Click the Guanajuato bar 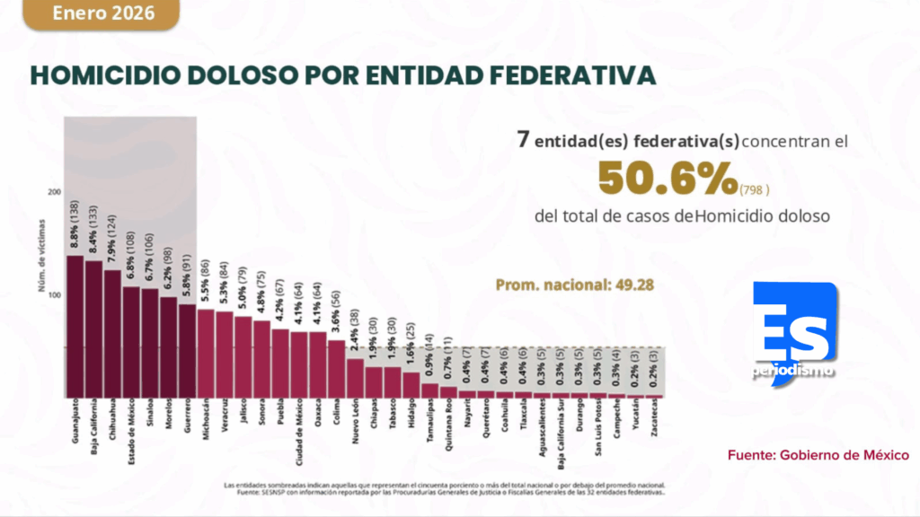pyautogui.click(x=75, y=327)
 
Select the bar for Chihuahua pyautogui.click(x=112, y=334)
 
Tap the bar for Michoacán pyautogui.click(x=206, y=354)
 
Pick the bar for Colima pyautogui.click(x=336, y=369)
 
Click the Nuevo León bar pyautogui.click(x=355, y=378)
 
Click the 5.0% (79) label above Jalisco pyautogui.click(x=243, y=288)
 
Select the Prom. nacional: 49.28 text pyautogui.click(x=575, y=285)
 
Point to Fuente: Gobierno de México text pyautogui.click(x=818, y=455)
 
